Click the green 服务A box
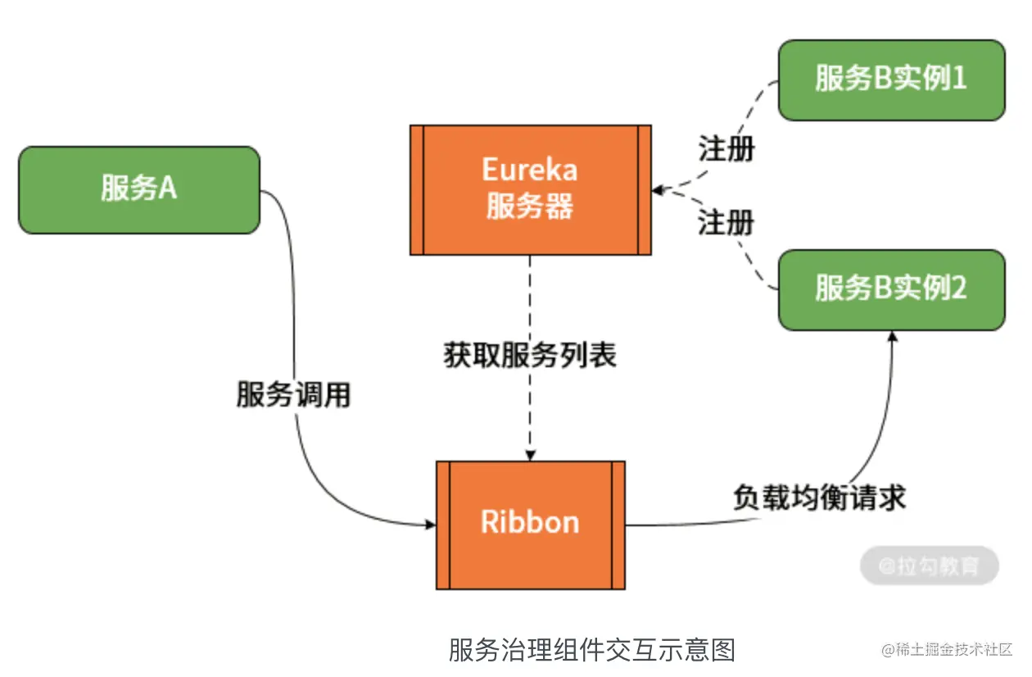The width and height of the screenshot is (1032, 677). point(139,190)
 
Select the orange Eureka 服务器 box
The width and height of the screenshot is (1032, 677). point(530,190)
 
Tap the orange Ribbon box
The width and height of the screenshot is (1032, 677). point(530,525)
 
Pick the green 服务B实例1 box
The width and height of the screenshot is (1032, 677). point(891,80)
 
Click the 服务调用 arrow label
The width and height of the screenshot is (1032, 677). point(293,394)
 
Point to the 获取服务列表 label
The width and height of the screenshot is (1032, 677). point(530,355)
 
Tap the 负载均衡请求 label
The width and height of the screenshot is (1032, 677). point(819,497)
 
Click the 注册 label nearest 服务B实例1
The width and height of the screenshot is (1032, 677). point(726,149)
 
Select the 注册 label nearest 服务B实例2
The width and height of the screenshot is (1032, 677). point(726,222)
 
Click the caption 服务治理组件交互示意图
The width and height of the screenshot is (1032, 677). point(591,650)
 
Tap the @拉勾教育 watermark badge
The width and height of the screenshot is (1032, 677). point(929,566)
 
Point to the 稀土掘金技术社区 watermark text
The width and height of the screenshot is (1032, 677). point(953,650)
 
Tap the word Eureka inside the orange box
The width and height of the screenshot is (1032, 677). point(530,170)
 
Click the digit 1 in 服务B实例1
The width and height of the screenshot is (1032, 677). point(959,79)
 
